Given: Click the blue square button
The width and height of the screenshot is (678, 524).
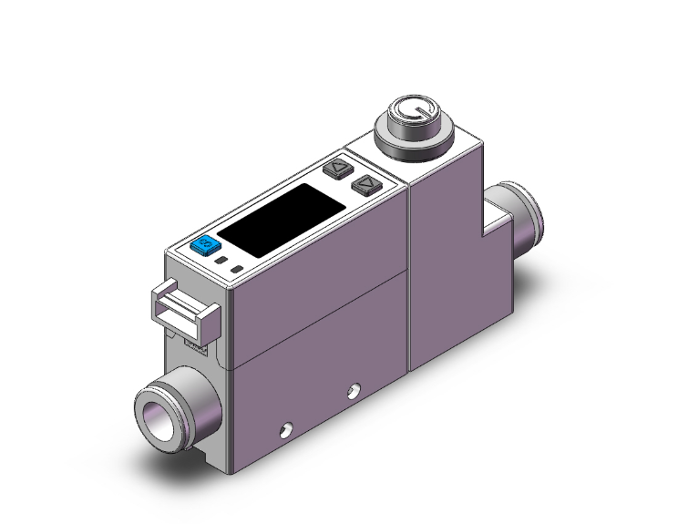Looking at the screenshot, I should [x=204, y=244].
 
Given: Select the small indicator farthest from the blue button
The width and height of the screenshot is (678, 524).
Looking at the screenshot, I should [x=237, y=270].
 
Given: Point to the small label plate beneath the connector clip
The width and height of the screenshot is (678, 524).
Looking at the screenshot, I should [x=194, y=345].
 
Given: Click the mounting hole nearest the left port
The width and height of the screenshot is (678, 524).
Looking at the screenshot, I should [x=286, y=428].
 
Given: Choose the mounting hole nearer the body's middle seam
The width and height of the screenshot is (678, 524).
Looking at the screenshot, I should [x=353, y=394].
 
